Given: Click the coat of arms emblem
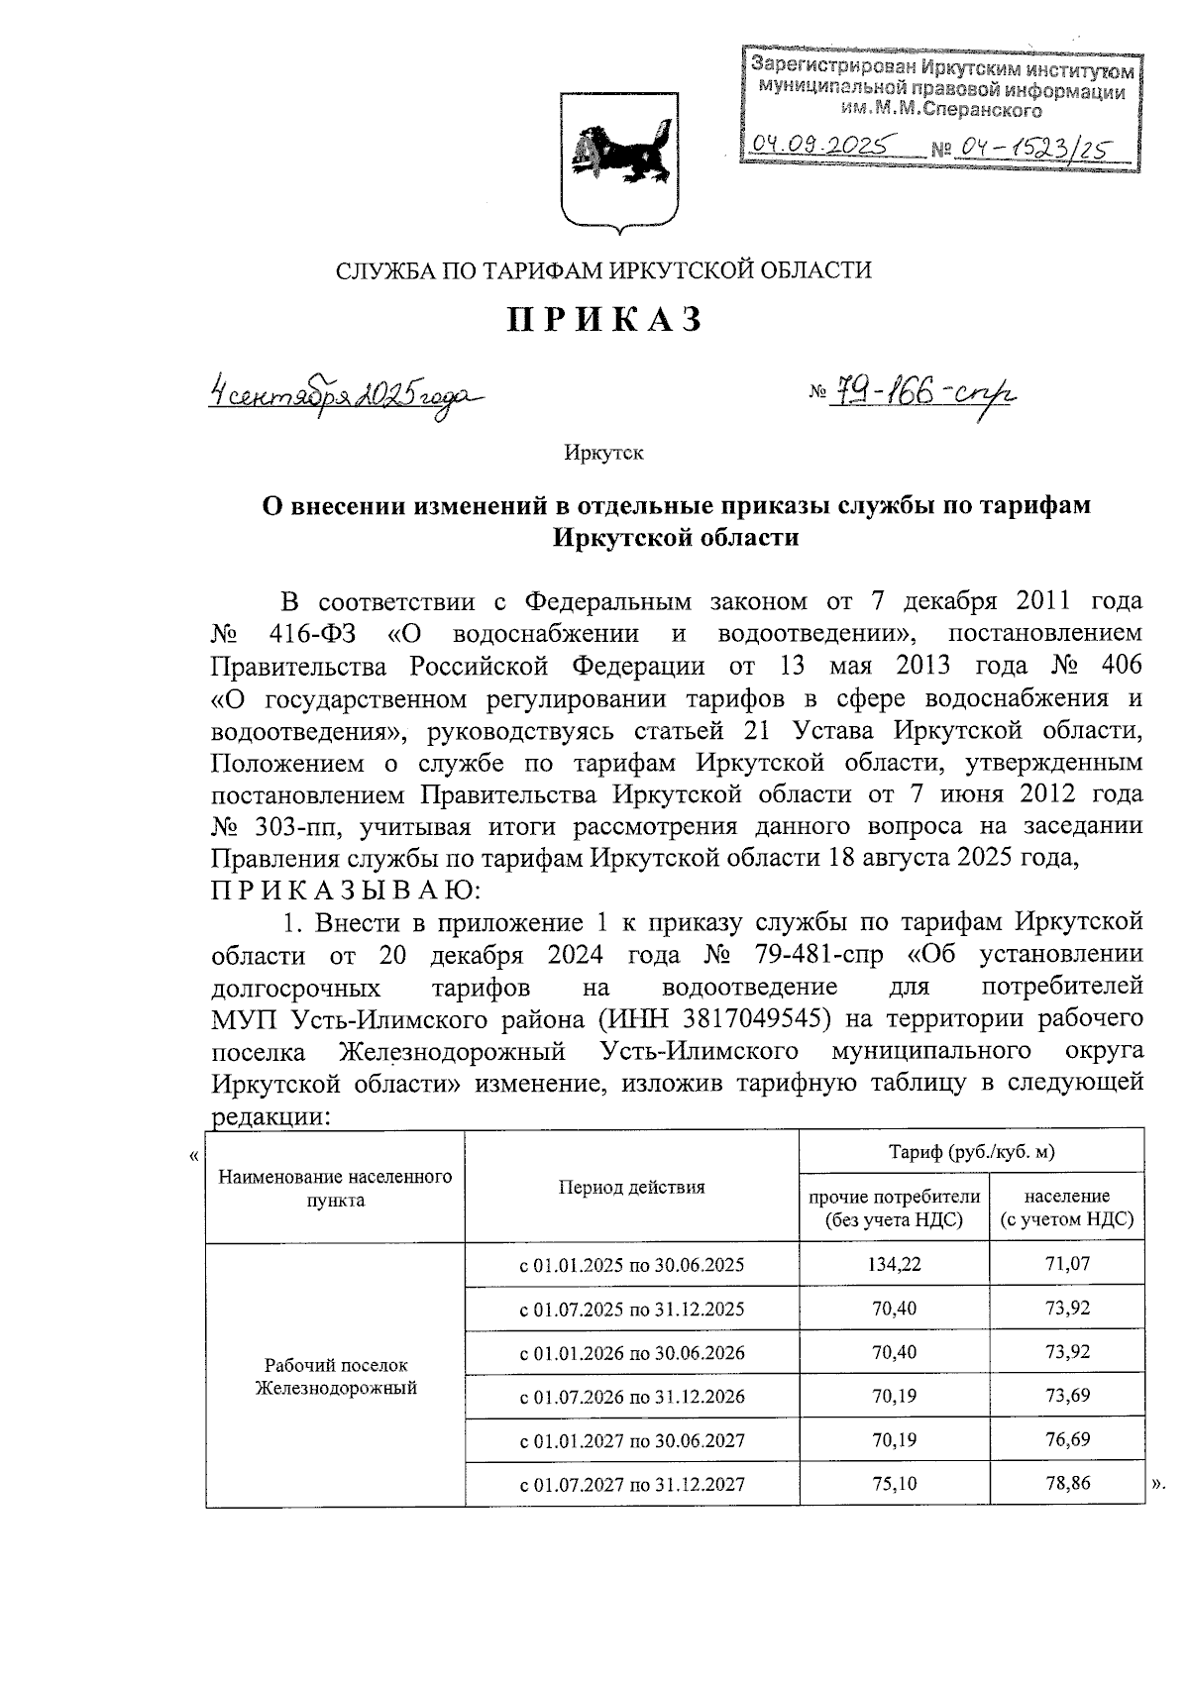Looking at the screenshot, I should (x=620, y=159).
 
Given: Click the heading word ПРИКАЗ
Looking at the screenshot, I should (x=605, y=320).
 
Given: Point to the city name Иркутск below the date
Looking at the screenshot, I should (x=603, y=453).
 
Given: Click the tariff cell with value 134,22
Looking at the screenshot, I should (x=894, y=1265).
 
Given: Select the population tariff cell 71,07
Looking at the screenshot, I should (x=1066, y=1265).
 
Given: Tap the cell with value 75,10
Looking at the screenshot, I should (x=894, y=1483).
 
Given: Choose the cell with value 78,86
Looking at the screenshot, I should (x=1066, y=1483).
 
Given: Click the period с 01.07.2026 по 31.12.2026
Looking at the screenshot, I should (x=632, y=1397).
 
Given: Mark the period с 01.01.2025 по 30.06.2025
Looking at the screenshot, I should (x=632, y=1265).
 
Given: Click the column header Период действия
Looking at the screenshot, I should (x=631, y=1187).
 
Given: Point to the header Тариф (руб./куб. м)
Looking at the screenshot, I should (x=971, y=1151).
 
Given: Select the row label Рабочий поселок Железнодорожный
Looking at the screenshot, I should (x=336, y=1376).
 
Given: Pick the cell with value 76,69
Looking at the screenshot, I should (x=1066, y=1439).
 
